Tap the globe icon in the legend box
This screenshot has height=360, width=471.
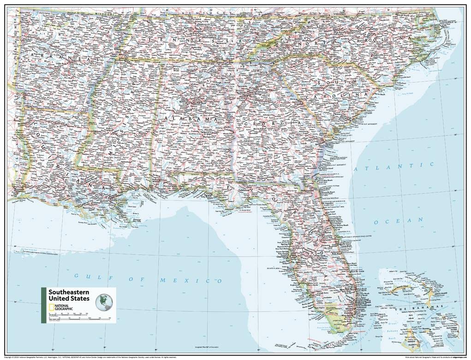click(104, 303)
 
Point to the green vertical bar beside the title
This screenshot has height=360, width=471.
click(44, 305)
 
